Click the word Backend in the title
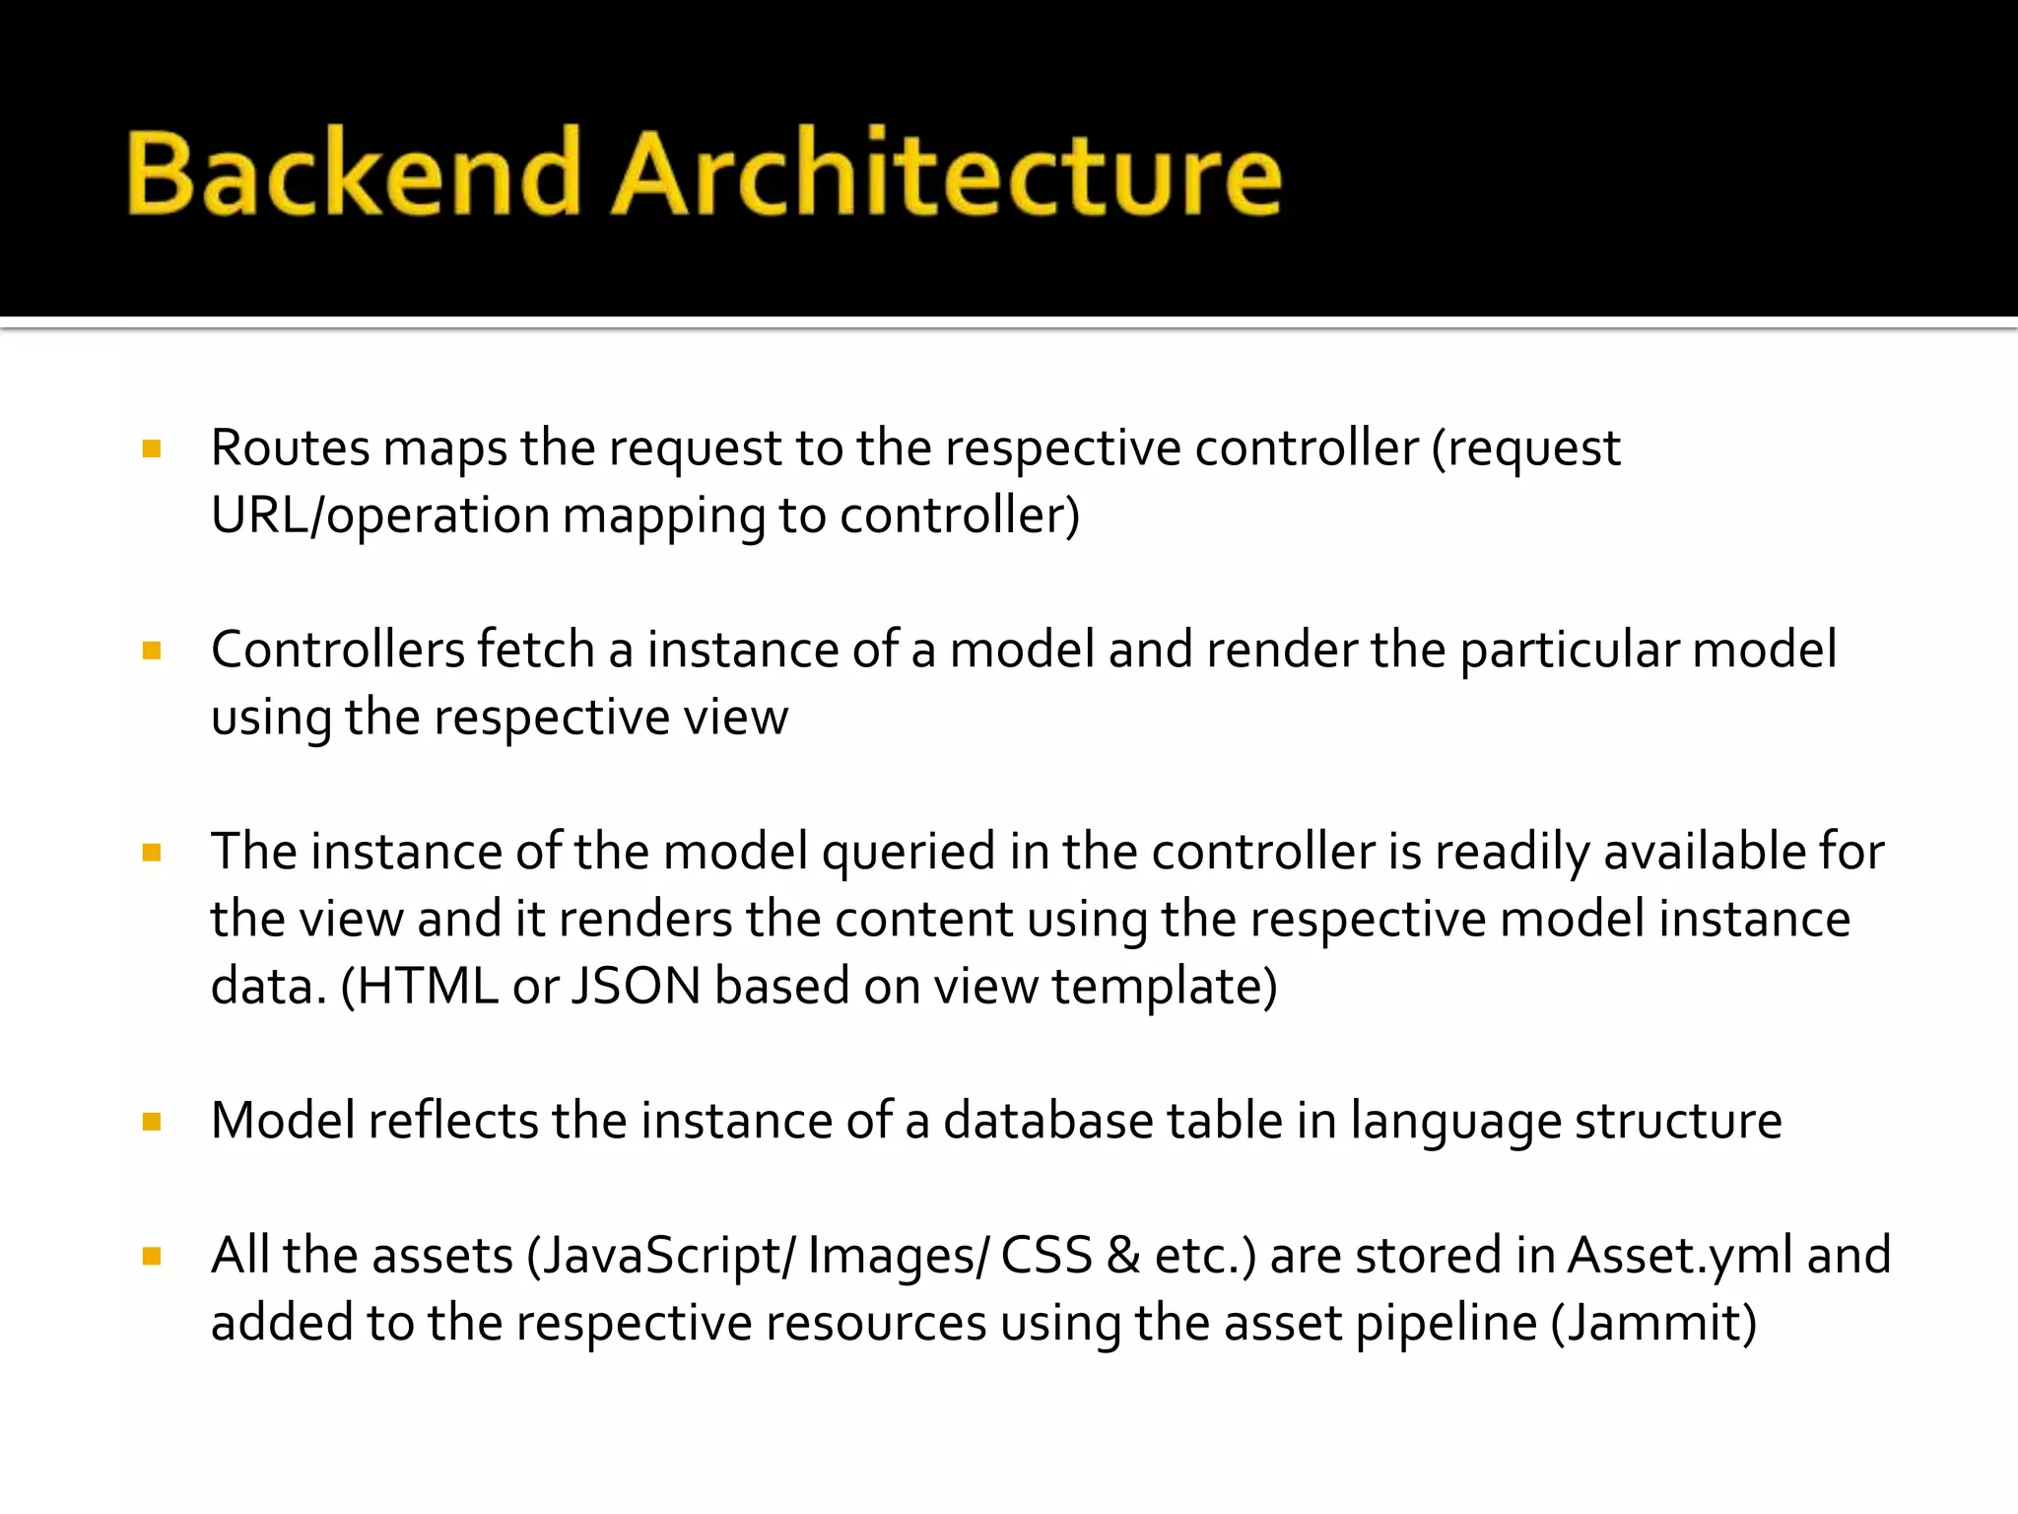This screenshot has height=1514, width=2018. [353, 173]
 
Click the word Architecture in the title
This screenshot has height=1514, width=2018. [946, 173]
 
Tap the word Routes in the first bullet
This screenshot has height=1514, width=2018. [290, 448]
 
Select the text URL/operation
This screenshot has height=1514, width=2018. [379, 516]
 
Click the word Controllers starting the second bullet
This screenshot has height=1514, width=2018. [337, 651]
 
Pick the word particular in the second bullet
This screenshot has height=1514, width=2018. [1568, 651]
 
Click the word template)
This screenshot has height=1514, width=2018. [1164, 987]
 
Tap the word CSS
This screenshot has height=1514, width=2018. [1045, 1257]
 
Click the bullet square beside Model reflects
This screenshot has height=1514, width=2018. [152, 1122]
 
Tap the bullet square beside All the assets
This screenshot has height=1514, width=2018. [152, 1257]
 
